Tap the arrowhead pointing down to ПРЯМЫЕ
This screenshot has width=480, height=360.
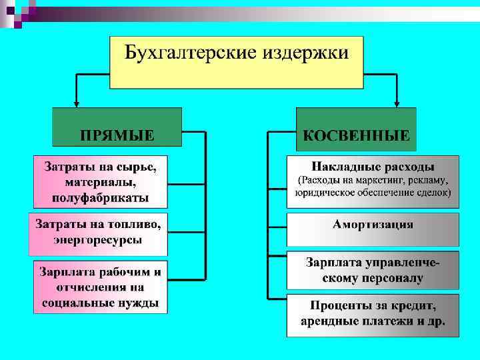[77, 103]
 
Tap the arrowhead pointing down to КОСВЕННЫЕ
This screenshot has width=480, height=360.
[397, 103]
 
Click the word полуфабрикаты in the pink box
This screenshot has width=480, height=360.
[97, 198]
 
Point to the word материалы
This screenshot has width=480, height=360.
[99, 182]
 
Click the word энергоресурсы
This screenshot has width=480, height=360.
[97, 241]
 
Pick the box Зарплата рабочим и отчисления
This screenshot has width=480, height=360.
[100, 287]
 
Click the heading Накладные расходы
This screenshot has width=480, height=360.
[373, 166]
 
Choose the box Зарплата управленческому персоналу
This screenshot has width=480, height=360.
[373, 270]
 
